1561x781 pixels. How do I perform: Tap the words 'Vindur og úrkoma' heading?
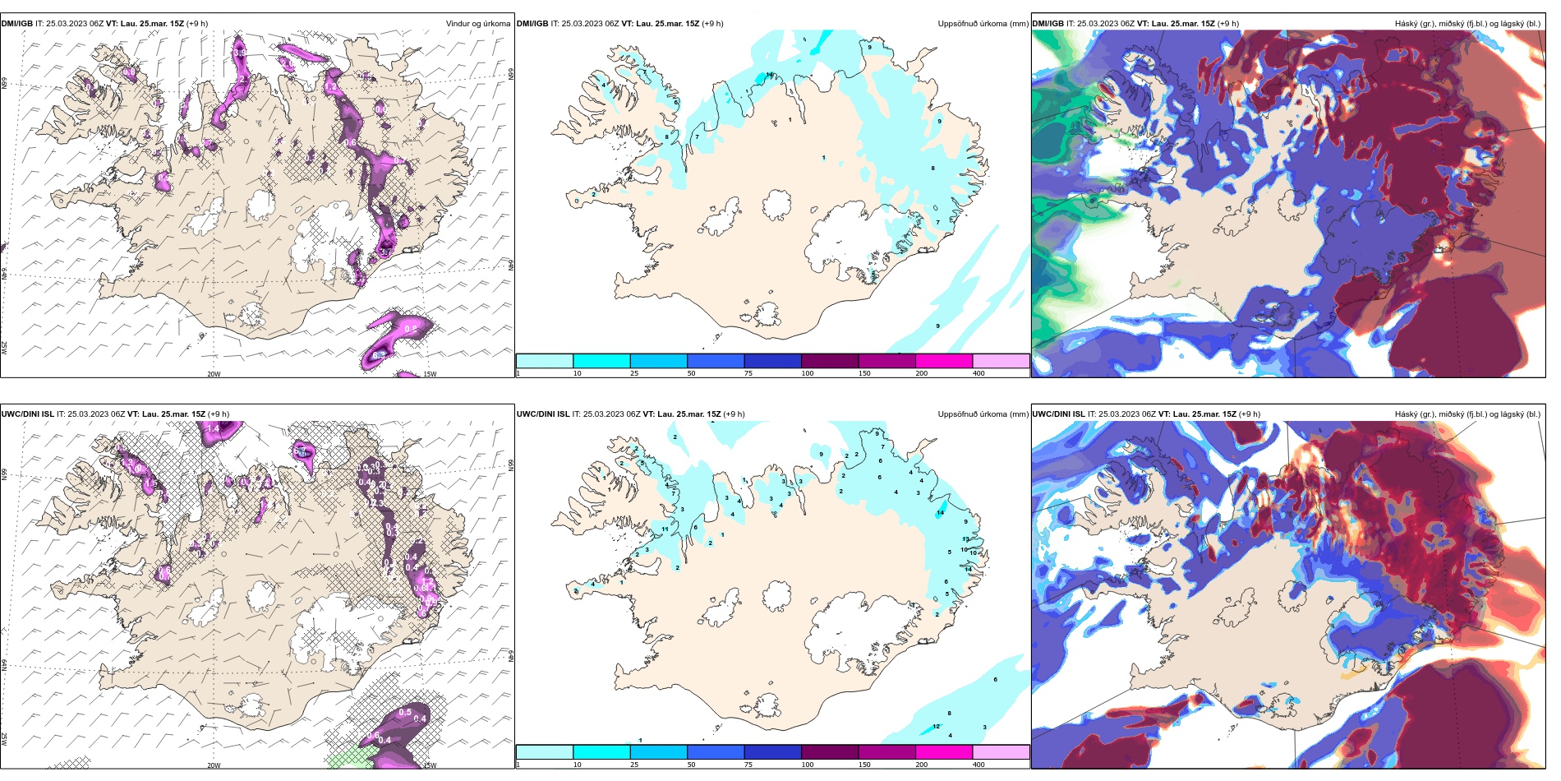(x=477, y=24)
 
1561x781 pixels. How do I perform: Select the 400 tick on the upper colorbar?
(x=979, y=373)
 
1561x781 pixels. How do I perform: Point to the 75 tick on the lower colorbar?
(x=748, y=765)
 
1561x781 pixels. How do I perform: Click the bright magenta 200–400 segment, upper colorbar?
(x=944, y=361)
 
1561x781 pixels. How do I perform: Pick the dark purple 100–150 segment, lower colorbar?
(x=830, y=752)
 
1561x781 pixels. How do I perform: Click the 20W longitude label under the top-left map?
(x=214, y=374)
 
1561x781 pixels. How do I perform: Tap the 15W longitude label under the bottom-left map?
(x=430, y=765)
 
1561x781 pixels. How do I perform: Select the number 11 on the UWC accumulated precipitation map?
(x=665, y=529)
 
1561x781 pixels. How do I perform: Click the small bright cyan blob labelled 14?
(x=940, y=512)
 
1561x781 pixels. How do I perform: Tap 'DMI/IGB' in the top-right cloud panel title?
(x=1048, y=24)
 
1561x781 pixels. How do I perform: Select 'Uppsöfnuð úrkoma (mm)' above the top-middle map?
(x=983, y=24)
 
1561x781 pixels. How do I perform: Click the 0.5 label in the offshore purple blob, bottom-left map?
(x=404, y=712)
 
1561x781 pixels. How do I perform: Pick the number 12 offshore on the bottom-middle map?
(x=937, y=726)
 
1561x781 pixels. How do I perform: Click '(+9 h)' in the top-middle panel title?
(x=712, y=24)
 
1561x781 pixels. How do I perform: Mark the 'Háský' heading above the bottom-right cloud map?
(x=1408, y=414)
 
